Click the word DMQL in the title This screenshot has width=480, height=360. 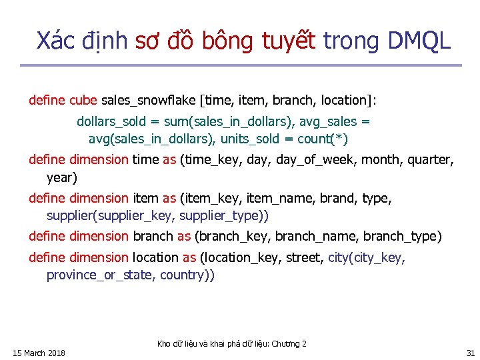click(x=418, y=41)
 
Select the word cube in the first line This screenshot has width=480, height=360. click(x=83, y=101)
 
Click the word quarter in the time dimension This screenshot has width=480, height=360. click(x=429, y=160)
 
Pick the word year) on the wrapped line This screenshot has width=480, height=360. click(x=62, y=178)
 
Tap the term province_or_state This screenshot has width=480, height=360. click(x=99, y=275)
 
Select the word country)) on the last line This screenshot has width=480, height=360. click(x=187, y=275)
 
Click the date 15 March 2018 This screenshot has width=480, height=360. click(x=39, y=353)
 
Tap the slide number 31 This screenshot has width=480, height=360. click(x=471, y=353)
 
